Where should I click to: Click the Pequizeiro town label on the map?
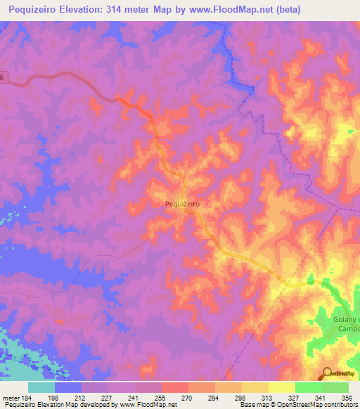182,203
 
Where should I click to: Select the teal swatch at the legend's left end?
41,387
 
